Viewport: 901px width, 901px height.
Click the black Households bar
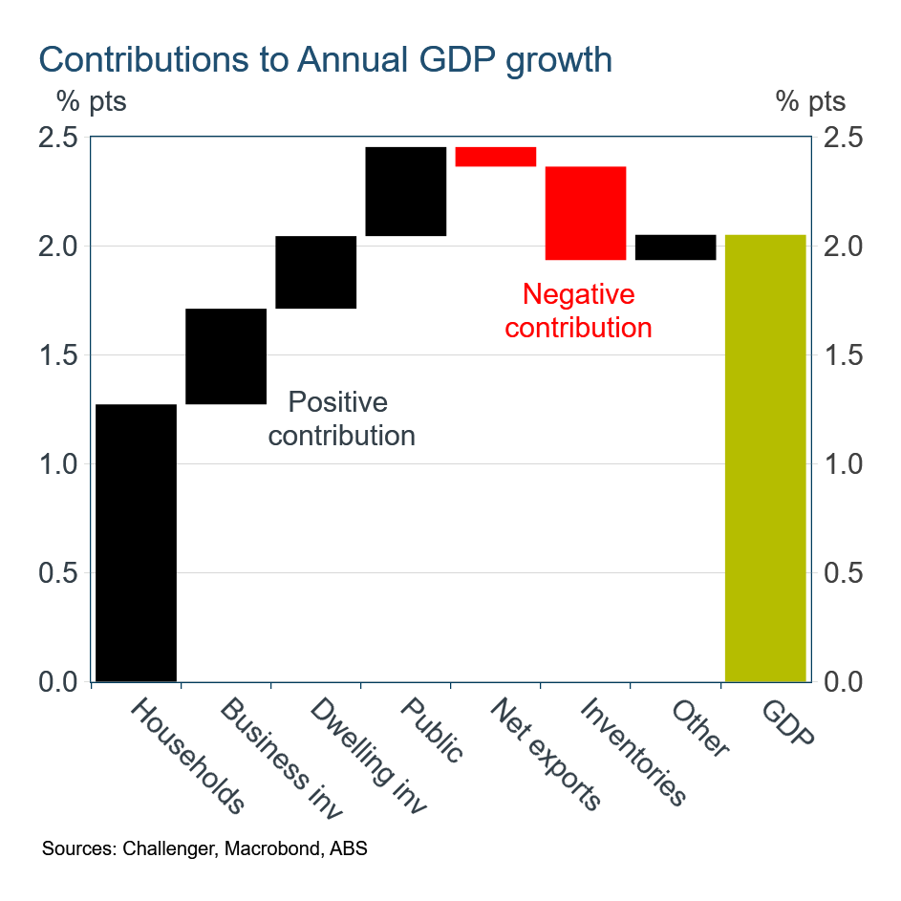tap(137, 542)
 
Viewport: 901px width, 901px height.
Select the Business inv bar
tap(225, 356)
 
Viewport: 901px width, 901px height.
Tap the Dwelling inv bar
tap(316, 272)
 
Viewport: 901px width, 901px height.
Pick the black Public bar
tap(406, 191)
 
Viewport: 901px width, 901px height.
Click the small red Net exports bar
tap(495, 157)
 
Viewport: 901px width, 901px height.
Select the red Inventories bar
tap(586, 213)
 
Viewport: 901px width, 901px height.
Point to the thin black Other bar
tap(676, 247)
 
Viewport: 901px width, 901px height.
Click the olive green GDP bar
tap(765, 458)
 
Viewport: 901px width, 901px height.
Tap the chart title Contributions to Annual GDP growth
tap(325, 59)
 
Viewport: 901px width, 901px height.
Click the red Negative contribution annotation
tap(578, 311)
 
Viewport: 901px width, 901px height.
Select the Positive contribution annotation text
tap(341, 418)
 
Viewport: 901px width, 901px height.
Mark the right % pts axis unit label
tap(810, 100)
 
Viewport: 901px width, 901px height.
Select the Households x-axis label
tap(187, 756)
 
